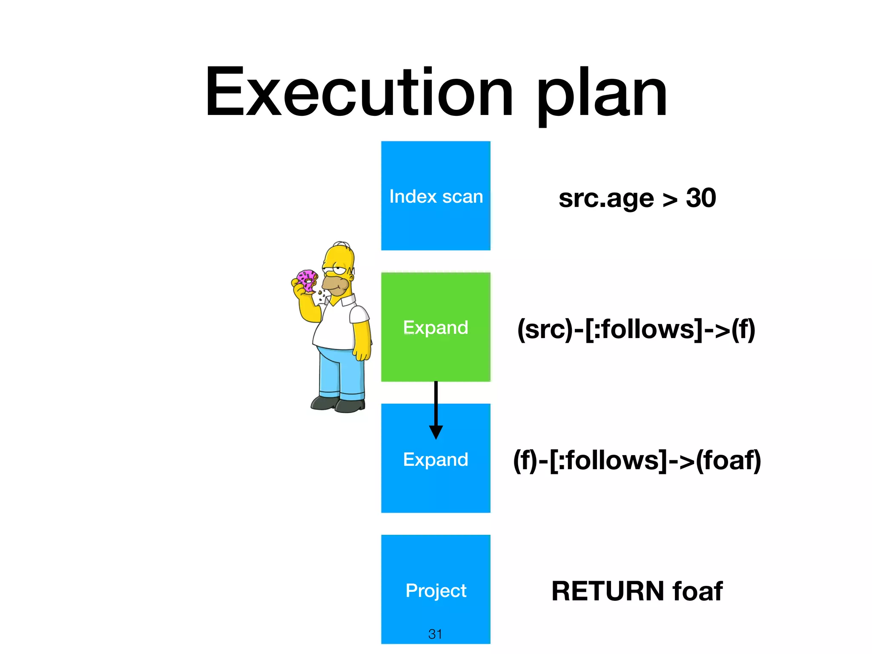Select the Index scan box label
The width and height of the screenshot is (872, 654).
click(x=436, y=197)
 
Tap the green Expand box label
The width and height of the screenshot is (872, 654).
click(x=436, y=327)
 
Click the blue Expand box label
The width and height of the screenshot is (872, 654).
click(x=436, y=459)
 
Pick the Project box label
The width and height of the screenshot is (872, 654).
click(x=436, y=591)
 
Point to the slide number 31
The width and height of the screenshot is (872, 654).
click(x=435, y=634)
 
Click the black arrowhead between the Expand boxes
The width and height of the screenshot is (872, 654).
click(x=436, y=432)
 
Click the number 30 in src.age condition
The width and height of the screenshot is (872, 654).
click(x=701, y=198)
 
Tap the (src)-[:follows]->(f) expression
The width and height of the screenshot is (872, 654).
click(x=636, y=329)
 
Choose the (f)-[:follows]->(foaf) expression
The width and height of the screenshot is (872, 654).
click(x=637, y=460)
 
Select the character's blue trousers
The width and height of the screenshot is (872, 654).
click(x=341, y=370)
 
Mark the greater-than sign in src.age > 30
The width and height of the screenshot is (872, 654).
click(x=670, y=200)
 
